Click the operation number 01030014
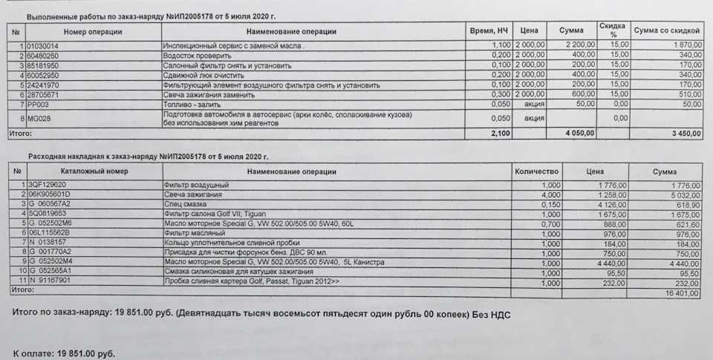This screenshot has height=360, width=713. coord(44,46)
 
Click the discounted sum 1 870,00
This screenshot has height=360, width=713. coord(684,46)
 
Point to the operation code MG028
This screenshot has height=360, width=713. coord(38,118)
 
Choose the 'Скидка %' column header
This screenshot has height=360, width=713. coord(612,30)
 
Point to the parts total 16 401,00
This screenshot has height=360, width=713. coord(683,294)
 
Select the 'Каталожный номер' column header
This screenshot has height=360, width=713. coord(95,171)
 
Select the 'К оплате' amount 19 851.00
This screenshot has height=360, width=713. coord(86,354)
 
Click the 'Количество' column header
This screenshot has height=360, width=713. coord(536,171)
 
